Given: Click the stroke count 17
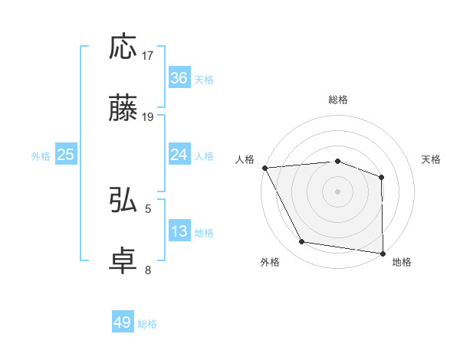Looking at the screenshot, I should pyautogui.click(x=149, y=56).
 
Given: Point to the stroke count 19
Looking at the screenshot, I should pyautogui.click(x=149, y=117).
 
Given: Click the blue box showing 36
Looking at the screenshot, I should pyautogui.click(x=179, y=78).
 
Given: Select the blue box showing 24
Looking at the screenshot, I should pyautogui.click(x=179, y=155).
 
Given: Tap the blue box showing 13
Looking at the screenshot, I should pyautogui.click(x=179, y=231).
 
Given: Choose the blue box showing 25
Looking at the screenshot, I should pyautogui.click(x=66, y=155).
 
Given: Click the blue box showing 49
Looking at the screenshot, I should pyautogui.click(x=123, y=322).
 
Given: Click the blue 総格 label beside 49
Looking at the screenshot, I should pyautogui.click(x=147, y=324).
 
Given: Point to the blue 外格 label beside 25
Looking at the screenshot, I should pyautogui.click(x=41, y=156).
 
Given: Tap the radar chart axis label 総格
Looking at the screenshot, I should pyautogui.click(x=338, y=100).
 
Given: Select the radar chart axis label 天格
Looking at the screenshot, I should pyautogui.click(x=432, y=159).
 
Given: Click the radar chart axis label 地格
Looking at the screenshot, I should pyautogui.click(x=402, y=263).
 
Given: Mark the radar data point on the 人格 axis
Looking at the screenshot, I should pyautogui.click(x=264, y=168).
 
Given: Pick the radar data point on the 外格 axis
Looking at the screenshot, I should pyautogui.click(x=302, y=242).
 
